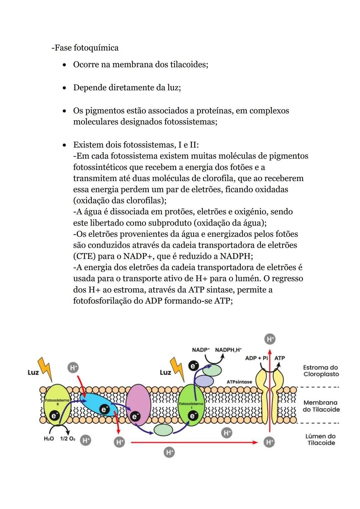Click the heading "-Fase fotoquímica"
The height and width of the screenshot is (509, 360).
click(x=85, y=48)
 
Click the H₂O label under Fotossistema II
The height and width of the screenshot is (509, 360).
click(x=49, y=439)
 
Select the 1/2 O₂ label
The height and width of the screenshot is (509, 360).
click(x=68, y=439)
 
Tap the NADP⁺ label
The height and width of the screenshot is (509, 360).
click(x=201, y=350)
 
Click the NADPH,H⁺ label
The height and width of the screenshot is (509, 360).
click(x=228, y=350)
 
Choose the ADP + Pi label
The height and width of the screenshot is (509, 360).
click(x=256, y=358)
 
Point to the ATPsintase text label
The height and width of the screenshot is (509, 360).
click(x=239, y=382)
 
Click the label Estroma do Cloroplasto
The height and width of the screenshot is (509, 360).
click(x=321, y=371)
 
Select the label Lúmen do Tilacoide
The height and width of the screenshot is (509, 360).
click(x=321, y=439)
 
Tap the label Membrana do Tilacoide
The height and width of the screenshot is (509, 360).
click(x=321, y=406)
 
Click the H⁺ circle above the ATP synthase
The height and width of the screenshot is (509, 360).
click(x=270, y=339)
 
